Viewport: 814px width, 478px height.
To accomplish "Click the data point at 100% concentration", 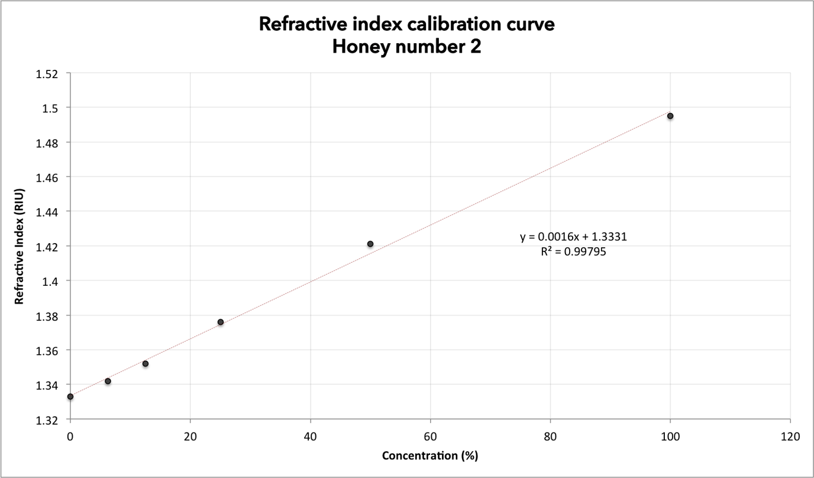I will pos(670,116).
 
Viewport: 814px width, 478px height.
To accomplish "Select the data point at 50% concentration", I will pos(370,244).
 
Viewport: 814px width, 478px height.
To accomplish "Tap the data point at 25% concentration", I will pos(221,322).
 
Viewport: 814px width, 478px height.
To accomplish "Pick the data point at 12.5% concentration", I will pos(146,363).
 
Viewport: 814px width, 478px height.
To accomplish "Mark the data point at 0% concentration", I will pos(70,396).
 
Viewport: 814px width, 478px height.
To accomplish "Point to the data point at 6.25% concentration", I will pos(108,381).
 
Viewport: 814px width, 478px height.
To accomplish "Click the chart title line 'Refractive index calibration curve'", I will pos(407,25).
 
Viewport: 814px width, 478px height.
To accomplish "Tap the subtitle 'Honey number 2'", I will pos(407,47).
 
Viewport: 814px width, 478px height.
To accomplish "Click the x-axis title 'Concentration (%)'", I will pos(430,456).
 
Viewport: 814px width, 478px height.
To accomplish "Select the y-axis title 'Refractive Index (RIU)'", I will pos(20,247).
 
